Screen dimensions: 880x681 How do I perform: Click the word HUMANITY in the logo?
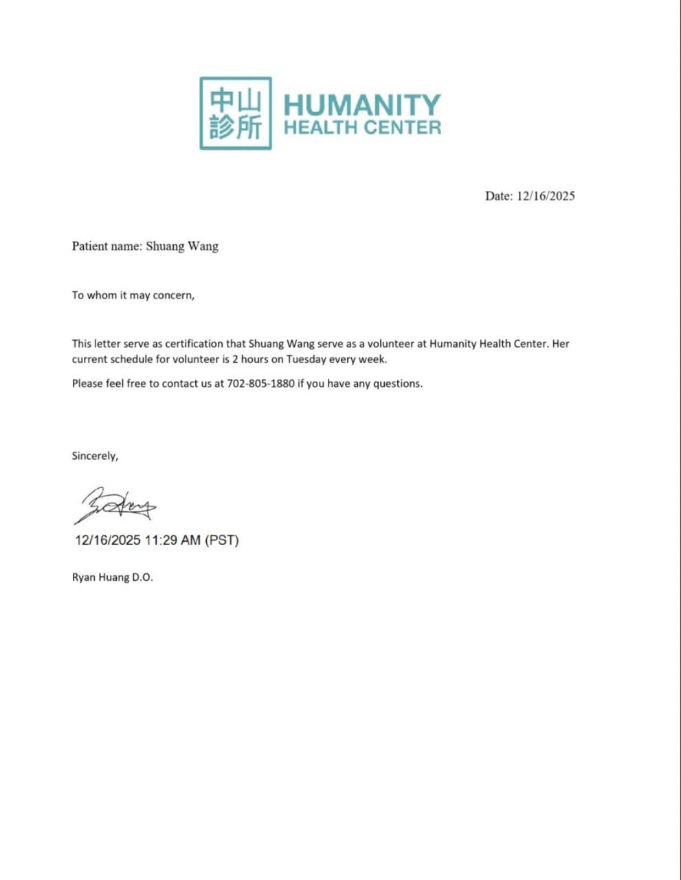pyautogui.click(x=361, y=104)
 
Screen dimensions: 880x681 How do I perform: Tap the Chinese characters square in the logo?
pyautogui.click(x=236, y=113)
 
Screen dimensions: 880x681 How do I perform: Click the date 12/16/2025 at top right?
pyautogui.click(x=546, y=196)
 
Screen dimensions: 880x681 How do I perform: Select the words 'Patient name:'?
pyautogui.click(x=107, y=246)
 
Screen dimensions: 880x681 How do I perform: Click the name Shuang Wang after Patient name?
pyautogui.click(x=182, y=246)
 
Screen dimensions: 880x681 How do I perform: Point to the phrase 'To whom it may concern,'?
pyautogui.click(x=133, y=295)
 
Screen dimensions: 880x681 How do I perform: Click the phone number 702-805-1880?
pyautogui.click(x=260, y=384)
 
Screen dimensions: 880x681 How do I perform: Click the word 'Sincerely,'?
pyautogui.click(x=95, y=456)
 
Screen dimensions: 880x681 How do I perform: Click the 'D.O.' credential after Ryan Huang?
pyautogui.click(x=142, y=577)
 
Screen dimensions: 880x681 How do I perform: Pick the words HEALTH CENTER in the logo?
pyautogui.click(x=362, y=127)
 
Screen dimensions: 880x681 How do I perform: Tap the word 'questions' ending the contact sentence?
pyautogui.click(x=397, y=384)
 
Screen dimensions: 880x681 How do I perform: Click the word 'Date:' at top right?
pyautogui.click(x=499, y=196)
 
